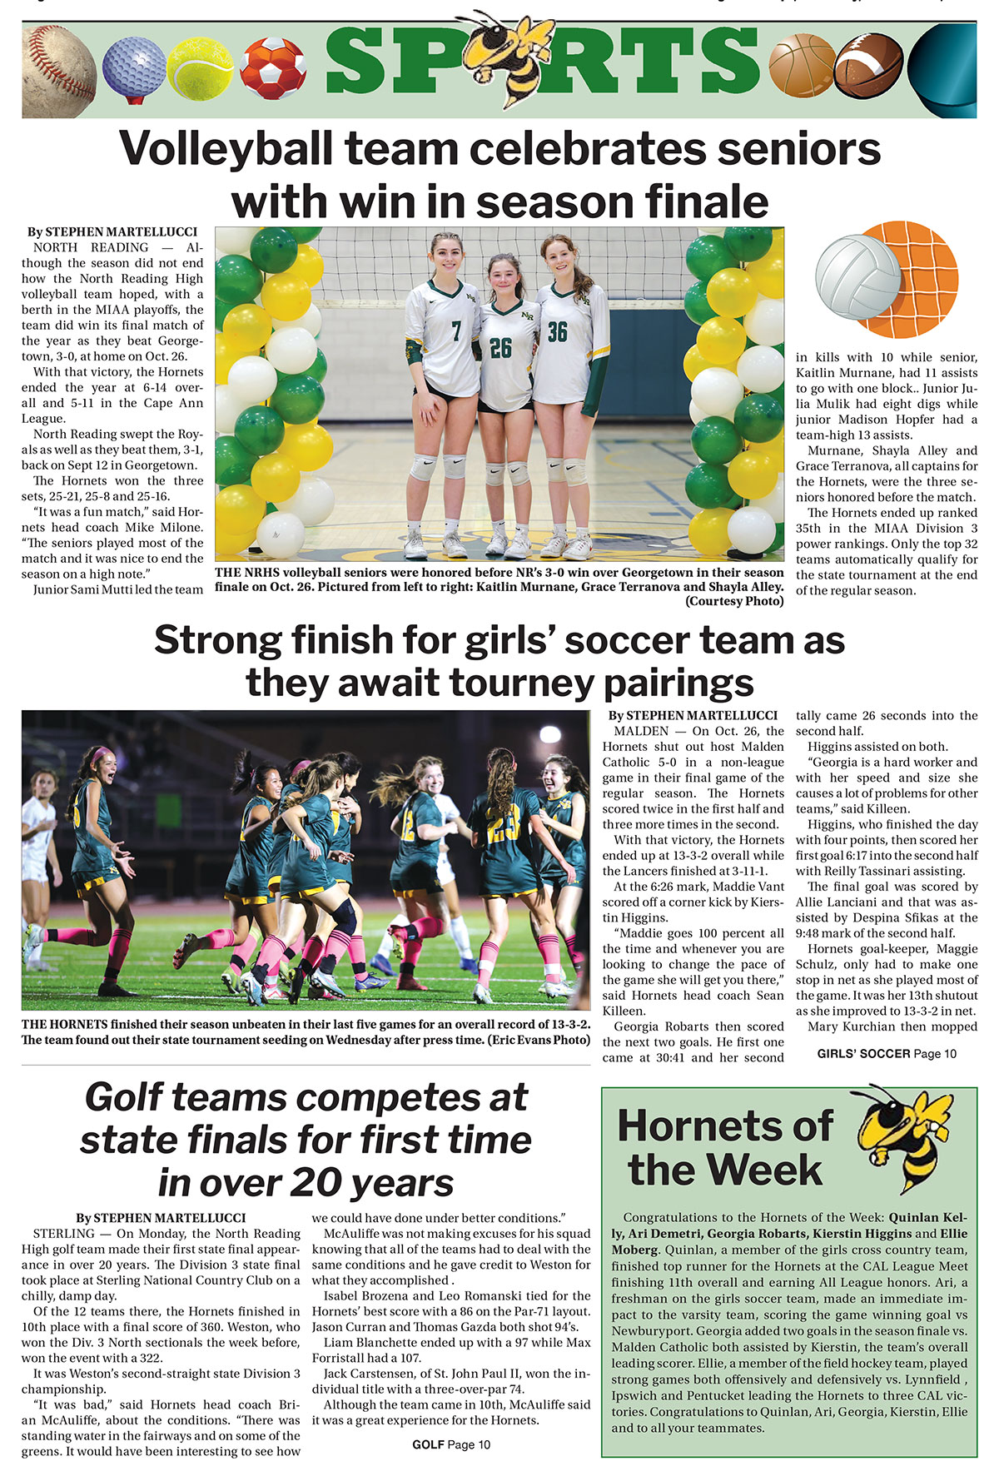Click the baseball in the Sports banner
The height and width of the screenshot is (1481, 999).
point(58,71)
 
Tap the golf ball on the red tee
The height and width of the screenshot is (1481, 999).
point(133,67)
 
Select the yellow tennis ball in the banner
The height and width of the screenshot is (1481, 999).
point(200,69)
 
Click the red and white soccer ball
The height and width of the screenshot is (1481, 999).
point(273,68)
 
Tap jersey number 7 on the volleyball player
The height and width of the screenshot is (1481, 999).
point(456,332)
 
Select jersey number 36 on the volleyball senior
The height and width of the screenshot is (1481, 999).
point(557,332)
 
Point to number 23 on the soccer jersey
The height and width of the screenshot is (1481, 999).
point(504,828)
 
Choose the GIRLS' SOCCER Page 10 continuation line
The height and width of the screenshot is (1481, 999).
point(887,1053)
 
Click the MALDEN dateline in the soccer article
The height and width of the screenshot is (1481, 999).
point(641,731)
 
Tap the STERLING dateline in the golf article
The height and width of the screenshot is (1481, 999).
point(64,1234)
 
